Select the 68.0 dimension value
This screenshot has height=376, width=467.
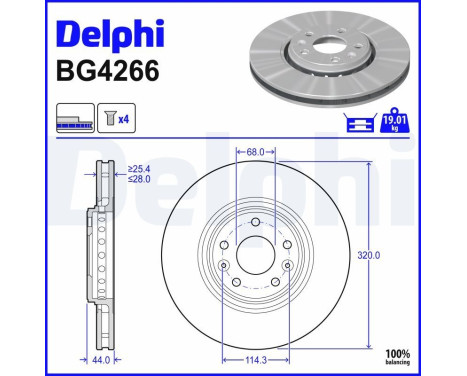click(x=255, y=153)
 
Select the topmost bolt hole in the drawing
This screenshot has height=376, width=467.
click(x=255, y=221)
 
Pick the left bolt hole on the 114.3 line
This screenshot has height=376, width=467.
click(x=222, y=265)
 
